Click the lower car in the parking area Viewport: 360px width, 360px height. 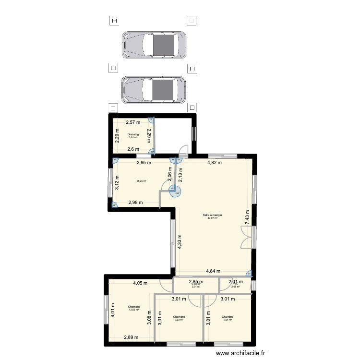(154, 90)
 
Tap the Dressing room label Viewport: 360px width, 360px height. (133, 134)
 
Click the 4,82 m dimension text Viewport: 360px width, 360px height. (214, 163)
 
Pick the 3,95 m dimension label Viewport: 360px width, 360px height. (144, 163)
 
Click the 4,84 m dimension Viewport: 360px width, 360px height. (214, 271)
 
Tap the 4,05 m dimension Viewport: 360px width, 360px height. (141, 283)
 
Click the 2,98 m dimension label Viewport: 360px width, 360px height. (135, 203)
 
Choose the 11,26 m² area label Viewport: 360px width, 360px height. (141, 181)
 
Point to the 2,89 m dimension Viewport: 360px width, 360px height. (131, 338)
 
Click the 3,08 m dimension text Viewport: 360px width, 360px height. (149, 318)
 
